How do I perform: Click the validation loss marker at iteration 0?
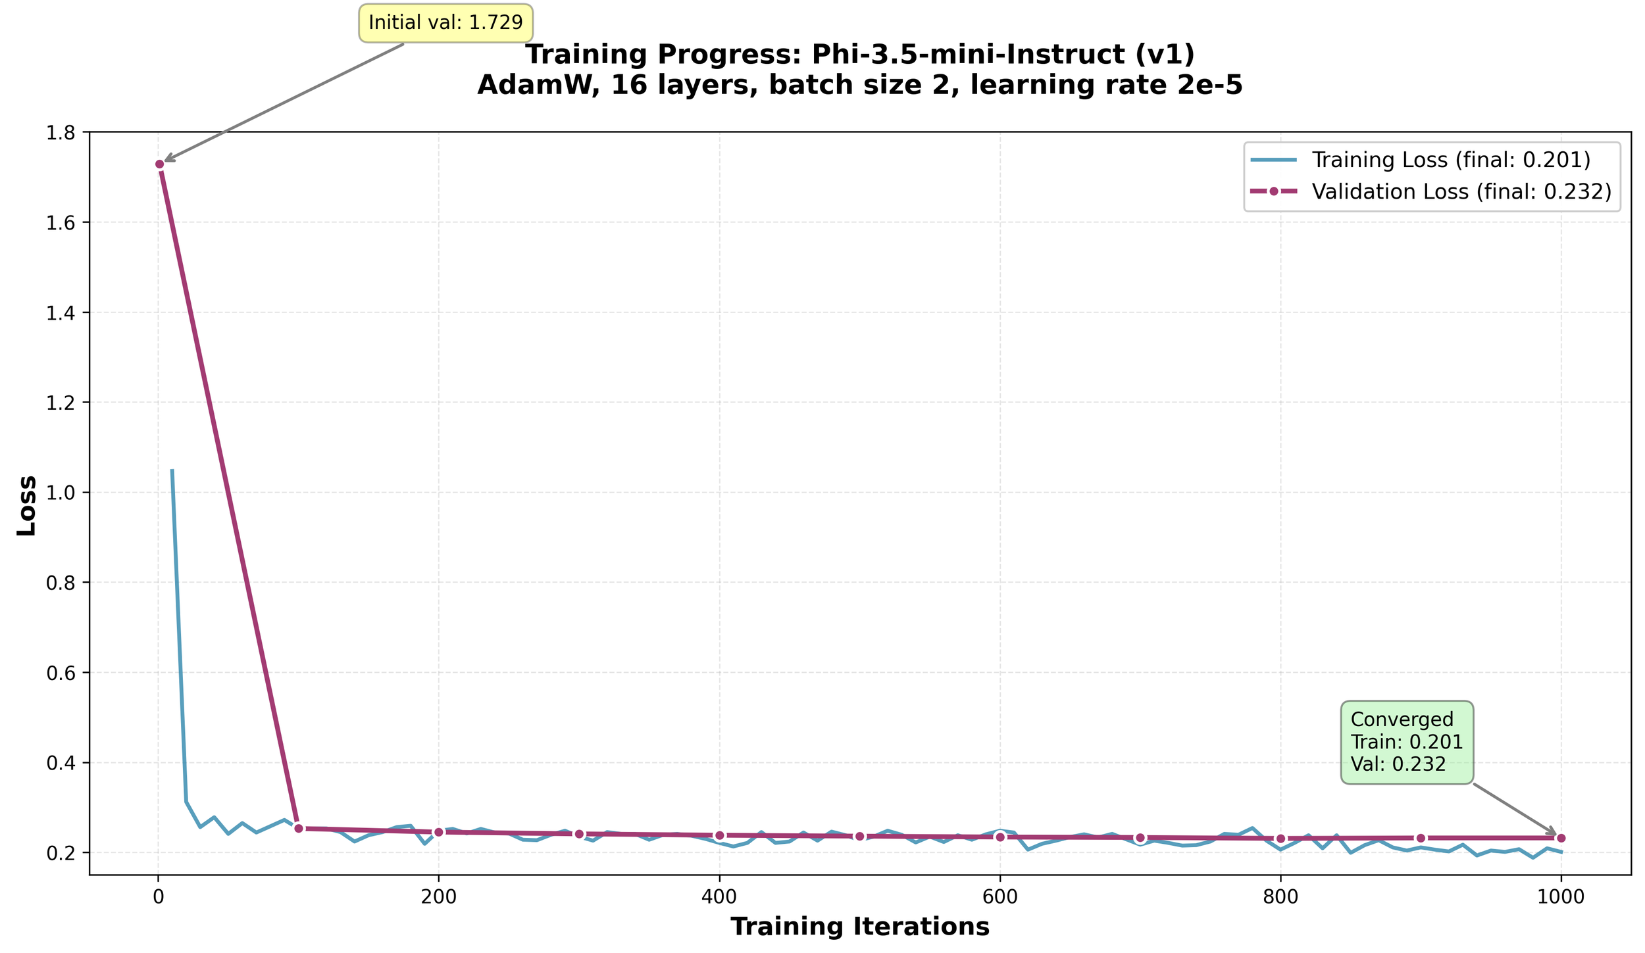tap(159, 164)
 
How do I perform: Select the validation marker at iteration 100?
tap(299, 828)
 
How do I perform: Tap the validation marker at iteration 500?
tap(859, 836)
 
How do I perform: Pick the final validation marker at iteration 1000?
tap(1561, 838)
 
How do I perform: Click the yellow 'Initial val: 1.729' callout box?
tap(445, 23)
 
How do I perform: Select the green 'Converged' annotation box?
tap(1407, 743)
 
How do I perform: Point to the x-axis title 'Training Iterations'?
tap(859, 927)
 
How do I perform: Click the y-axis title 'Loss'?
tap(27, 505)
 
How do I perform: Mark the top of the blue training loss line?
tap(172, 471)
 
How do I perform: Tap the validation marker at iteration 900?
tap(1421, 838)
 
